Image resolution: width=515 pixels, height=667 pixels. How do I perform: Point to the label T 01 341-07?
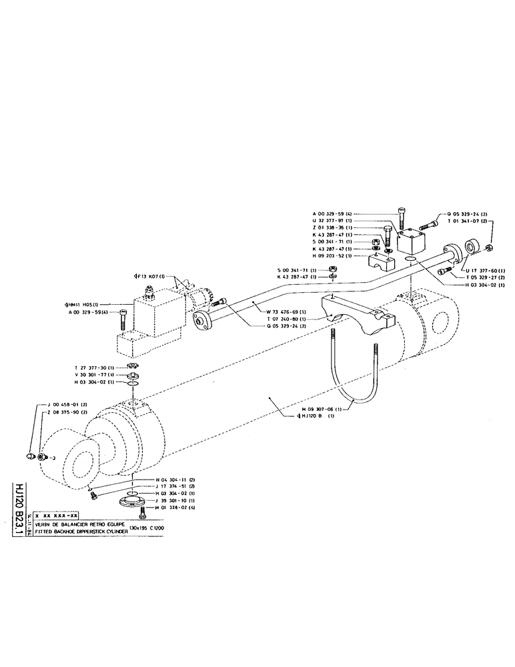(x=470, y=221)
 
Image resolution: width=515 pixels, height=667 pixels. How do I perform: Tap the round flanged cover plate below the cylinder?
(x=132, y=502)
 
